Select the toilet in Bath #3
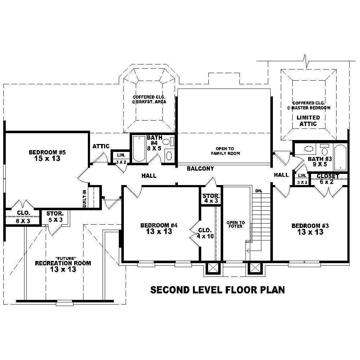click(x=325, y=150)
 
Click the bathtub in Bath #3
click(x=340, y=157)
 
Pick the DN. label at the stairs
click(x=258, y=190)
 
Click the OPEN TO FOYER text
click(x=236, y=225)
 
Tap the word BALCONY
click(x=201, y=168)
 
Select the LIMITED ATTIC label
click(x=308, y=121)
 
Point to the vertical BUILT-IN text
click(x=84, y=198)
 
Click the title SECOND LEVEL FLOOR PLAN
click(x=217, y=290)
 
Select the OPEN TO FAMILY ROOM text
click(x=225, y=151)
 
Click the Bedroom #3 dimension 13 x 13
click(x=310, y=232)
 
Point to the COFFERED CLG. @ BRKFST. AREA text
click(x=149, y=99)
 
